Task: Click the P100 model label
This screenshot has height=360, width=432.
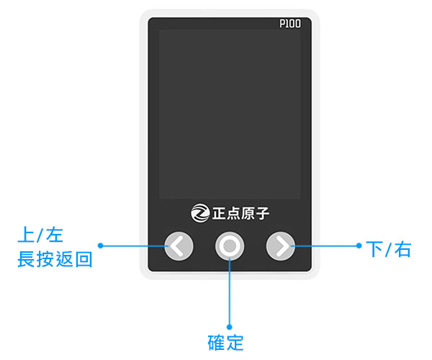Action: coord(290,24)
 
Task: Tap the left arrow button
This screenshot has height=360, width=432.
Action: coord(179,246)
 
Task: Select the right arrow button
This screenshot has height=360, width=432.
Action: coord(281,246)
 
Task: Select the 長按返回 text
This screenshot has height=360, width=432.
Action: coord(55,258)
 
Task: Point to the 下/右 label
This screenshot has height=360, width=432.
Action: coord(388,249)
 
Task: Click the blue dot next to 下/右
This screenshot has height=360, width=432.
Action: coord(359,246)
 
